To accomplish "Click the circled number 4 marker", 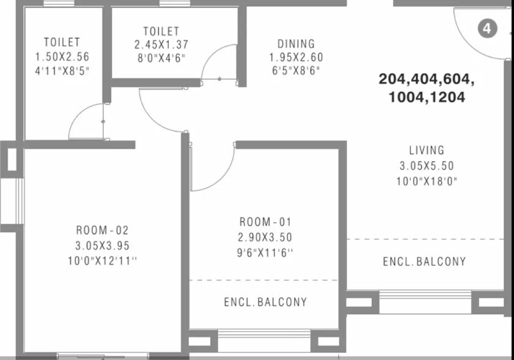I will pos(487,28).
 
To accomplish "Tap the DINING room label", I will pos(296,44).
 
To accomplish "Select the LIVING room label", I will pos(427,150).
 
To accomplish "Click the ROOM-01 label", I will pos(266,222).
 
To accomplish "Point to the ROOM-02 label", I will pos(103,230).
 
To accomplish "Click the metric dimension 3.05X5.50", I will pos(427,166).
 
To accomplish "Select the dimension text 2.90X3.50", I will pos(266,237).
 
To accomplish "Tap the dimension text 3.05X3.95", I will pos(103,246).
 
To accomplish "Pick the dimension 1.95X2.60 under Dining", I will pos(296,57).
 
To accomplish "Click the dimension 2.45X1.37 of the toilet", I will pos(161,45).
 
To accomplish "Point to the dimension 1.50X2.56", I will pos(62,56).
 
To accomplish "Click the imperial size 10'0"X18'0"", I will pos(427,181).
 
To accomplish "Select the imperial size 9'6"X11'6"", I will pos(266,252).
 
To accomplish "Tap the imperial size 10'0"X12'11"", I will pos(103,261).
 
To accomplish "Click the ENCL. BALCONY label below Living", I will pos(424,262).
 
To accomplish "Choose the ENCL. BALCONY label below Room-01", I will pos(265,302).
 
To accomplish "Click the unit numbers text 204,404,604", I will pos(427,79).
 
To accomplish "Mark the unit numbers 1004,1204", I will pos(427,97).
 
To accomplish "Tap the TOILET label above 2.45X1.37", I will pos(161,31).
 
